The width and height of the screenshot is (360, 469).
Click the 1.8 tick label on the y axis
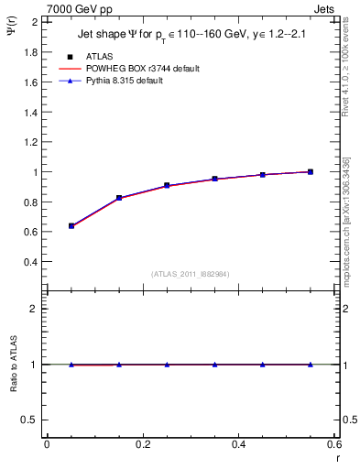pos(31,52)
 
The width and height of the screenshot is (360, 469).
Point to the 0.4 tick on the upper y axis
pos(31,262)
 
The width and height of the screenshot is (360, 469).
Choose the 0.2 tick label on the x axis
pos(142,444)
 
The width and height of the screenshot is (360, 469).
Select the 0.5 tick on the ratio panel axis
pos(31,420)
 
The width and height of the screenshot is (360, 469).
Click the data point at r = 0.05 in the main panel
pos(71,225)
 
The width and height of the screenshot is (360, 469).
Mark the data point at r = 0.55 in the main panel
pos(311,171)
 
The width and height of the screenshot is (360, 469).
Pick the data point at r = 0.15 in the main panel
pos(119,198)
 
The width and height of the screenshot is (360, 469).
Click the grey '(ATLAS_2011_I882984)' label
pos(190,274)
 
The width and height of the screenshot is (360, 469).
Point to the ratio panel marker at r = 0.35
pos(214,365)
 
